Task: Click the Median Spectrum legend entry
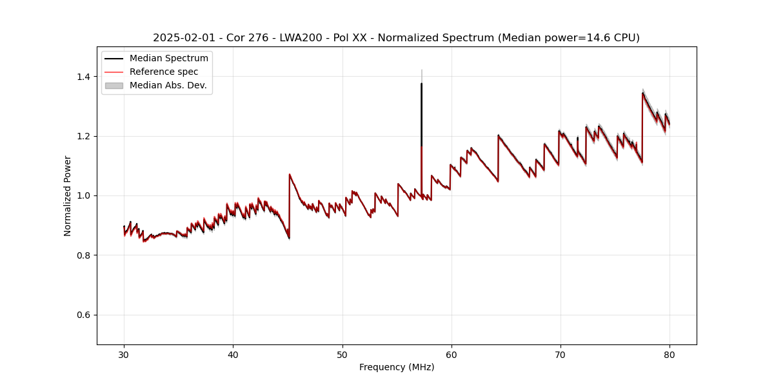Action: pos(168,59)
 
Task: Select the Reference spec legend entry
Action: pos(164,72)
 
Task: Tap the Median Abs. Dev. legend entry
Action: pos(168,85)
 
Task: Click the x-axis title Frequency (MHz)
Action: pos(397,367)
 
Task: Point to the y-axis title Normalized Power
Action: pos(68,195)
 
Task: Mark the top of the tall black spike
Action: pos(421,84)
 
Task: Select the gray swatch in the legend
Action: pos(114,85)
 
